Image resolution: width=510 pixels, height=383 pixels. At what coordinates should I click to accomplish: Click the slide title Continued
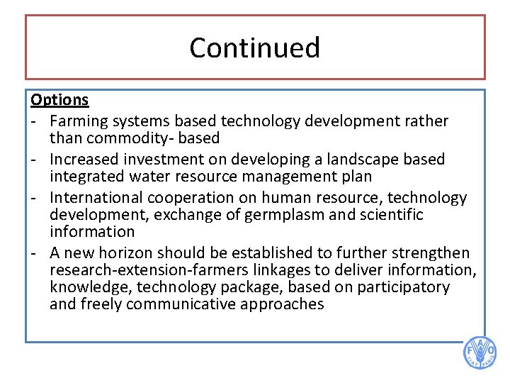pos(255,48)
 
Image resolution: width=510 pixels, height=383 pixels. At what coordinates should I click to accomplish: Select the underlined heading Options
pos(59,100)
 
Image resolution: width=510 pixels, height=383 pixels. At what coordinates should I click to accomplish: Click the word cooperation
pos(195,198)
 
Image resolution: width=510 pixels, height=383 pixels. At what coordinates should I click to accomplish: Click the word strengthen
pos(433,253)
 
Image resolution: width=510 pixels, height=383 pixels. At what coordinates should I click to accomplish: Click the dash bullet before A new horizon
pos(35,253)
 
